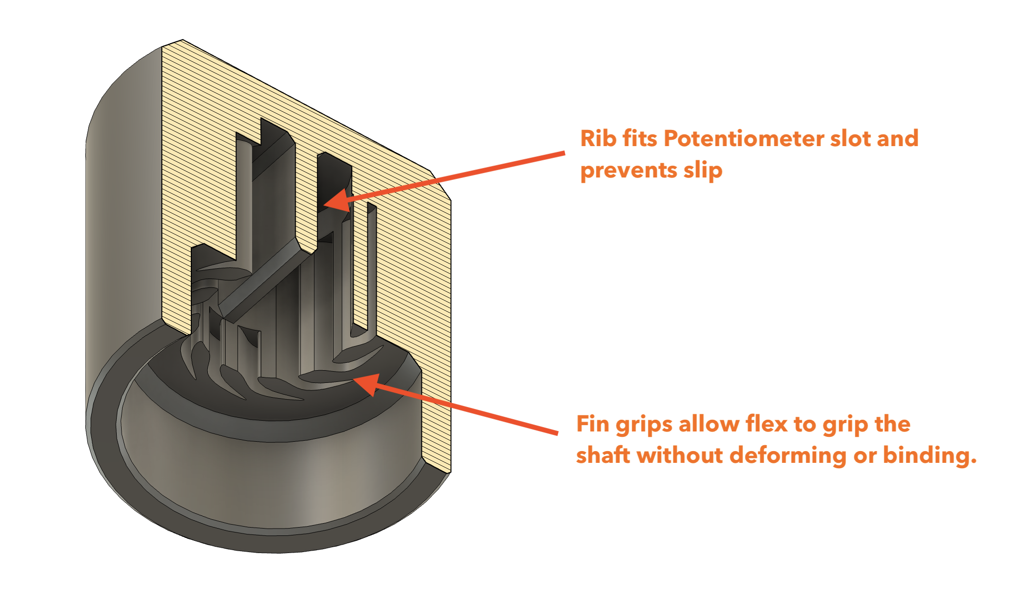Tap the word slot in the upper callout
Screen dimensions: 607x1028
[x=849, y=138]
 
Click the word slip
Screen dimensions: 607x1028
[x=703, y=171]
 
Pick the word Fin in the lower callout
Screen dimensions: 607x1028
[x=592, y=424]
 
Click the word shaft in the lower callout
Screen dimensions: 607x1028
[x=603, y=455]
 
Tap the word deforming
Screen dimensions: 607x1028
[x=788, y=455]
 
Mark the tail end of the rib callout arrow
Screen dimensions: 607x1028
[x=563, y=153]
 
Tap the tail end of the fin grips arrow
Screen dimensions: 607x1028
[x=557, y=433]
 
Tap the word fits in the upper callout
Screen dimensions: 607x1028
[x=640, y=138]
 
